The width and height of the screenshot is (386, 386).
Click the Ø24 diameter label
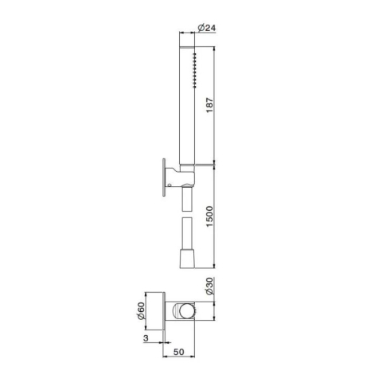207,28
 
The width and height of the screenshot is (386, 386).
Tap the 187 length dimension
209,105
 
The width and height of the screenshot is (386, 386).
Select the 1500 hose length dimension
209,216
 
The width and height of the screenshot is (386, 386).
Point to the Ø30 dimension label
209,286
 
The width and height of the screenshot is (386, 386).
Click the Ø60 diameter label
141,310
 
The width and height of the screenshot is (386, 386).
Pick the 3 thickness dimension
146,338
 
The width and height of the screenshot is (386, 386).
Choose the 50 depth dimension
178,352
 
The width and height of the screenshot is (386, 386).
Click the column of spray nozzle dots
195,70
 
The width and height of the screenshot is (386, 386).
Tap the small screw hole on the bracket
170,185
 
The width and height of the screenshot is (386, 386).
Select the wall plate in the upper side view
164,177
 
